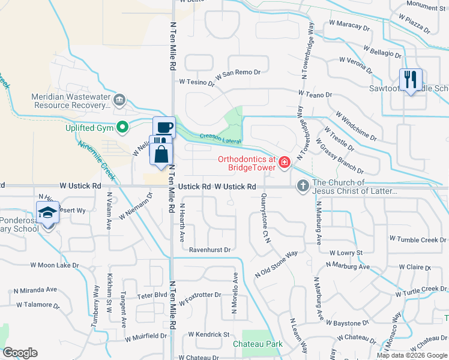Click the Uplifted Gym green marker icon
(123, 127)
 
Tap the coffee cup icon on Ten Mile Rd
(164, 127)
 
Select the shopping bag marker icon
(161, 154)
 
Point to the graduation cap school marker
(47, 213)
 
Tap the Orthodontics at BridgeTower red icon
(283, 162)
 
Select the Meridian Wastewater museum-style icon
(119, 99)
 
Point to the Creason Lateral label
(220, 139)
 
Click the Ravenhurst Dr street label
(209, 249)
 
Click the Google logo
(20, 353)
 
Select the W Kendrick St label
(209, 334)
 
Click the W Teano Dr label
(315, 94)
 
